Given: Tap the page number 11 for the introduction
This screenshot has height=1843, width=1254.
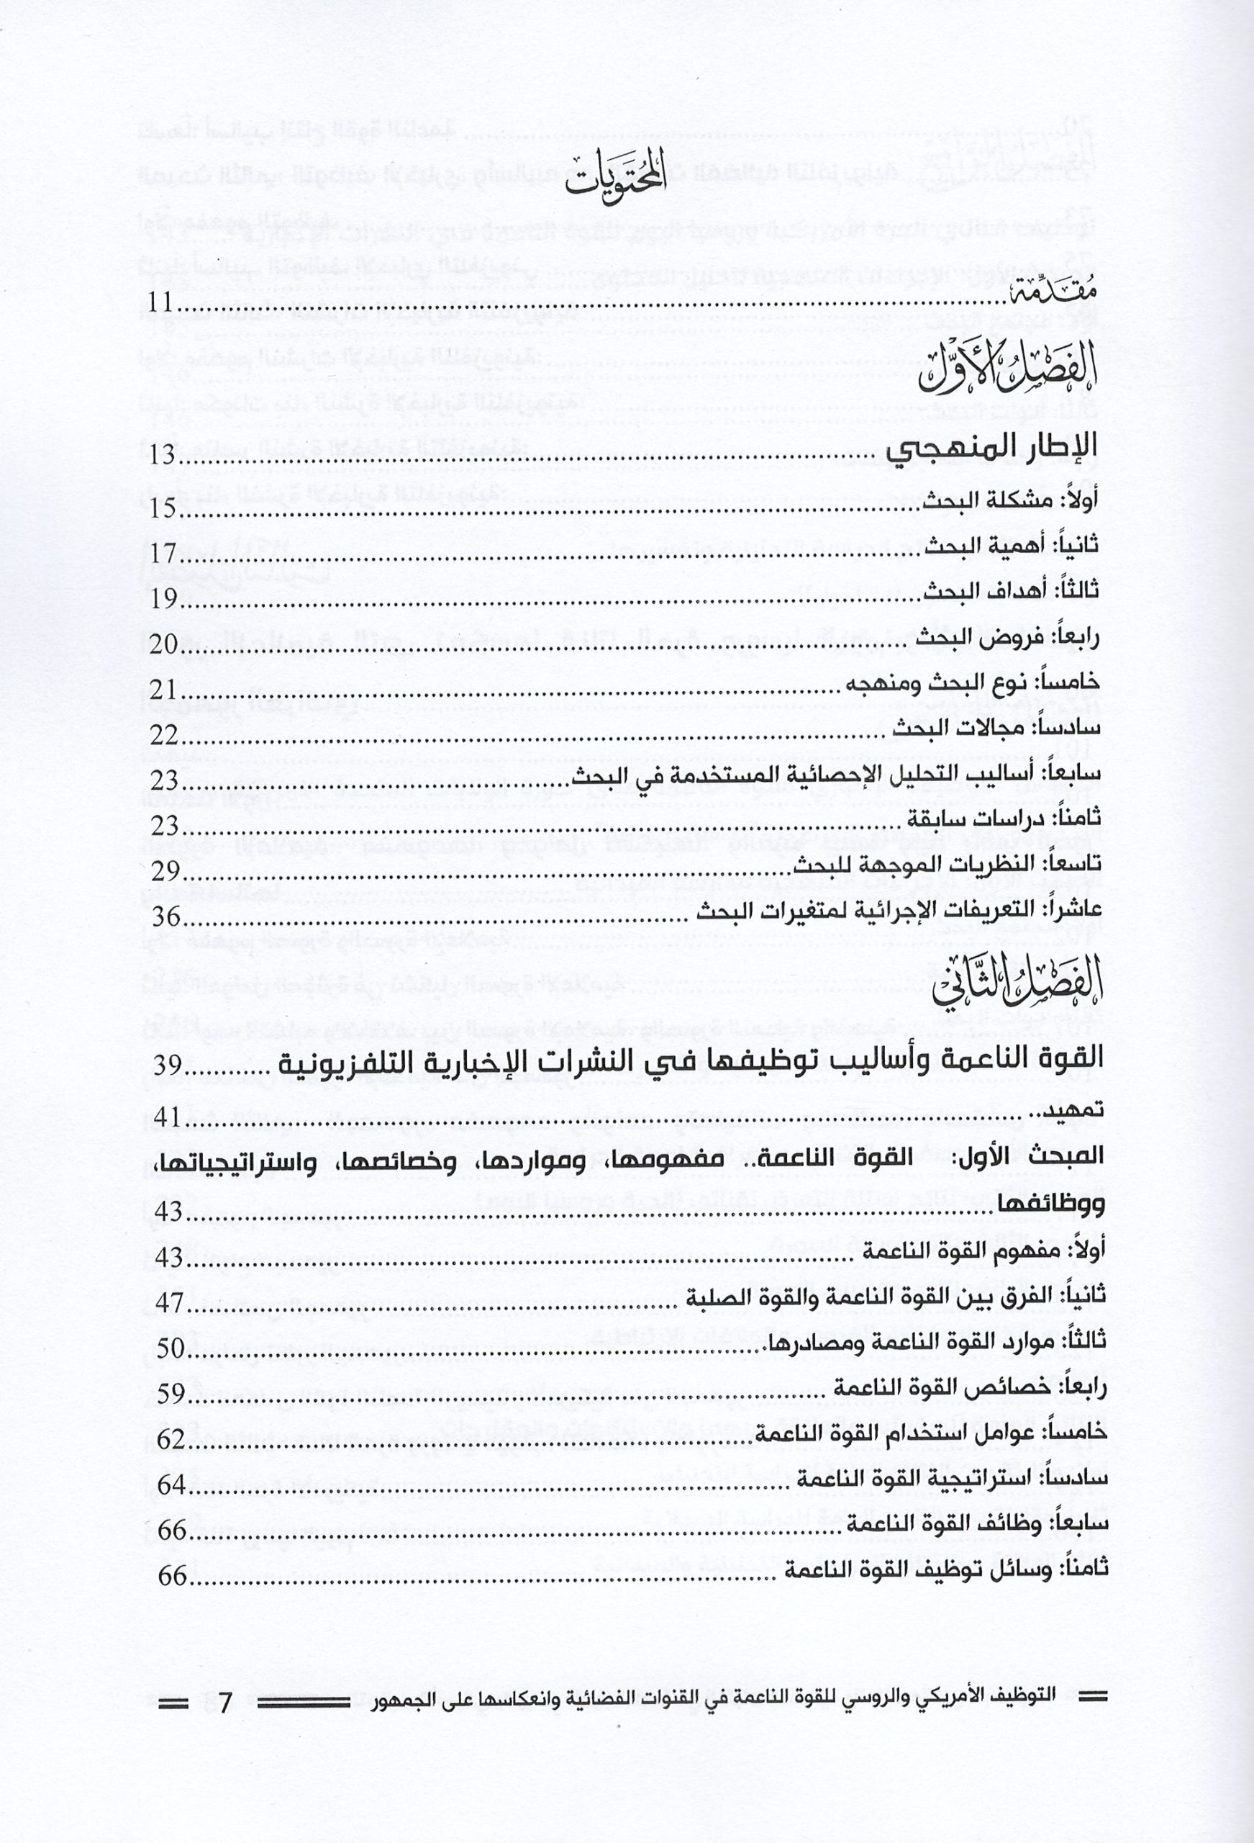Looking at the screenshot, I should pos(165,305).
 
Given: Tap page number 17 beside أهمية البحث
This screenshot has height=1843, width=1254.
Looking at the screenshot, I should pos(165,551).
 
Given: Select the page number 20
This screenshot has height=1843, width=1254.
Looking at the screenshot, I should pos(165,643).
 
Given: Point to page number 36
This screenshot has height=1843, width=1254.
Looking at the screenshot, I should pos(166,917).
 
